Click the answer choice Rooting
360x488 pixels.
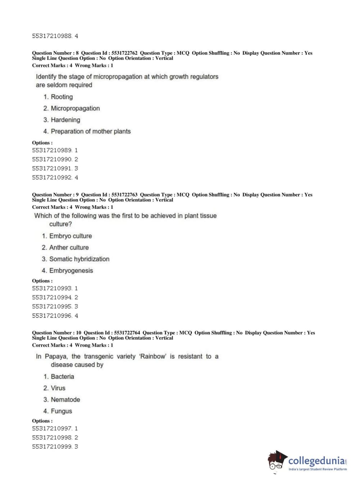(61, 97)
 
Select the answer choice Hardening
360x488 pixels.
(65, 120)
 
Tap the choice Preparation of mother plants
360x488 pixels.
(90, 131)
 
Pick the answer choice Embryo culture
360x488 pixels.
(70, 236)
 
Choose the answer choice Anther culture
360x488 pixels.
(69, 248)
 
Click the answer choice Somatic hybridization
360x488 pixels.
(79, 259)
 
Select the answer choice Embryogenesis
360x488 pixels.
(71, 271)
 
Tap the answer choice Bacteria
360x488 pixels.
(62, 376)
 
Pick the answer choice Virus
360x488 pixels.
(58, 388)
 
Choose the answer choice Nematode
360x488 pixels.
(65, 399)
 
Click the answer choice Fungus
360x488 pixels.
(61, 411)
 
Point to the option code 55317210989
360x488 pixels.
(52, 150)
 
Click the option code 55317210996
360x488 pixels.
(52, 316)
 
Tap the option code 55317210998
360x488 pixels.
(52, 438)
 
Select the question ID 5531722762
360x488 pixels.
(124, 53)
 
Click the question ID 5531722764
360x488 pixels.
(127, 333)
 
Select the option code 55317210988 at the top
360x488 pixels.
(52, 36)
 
